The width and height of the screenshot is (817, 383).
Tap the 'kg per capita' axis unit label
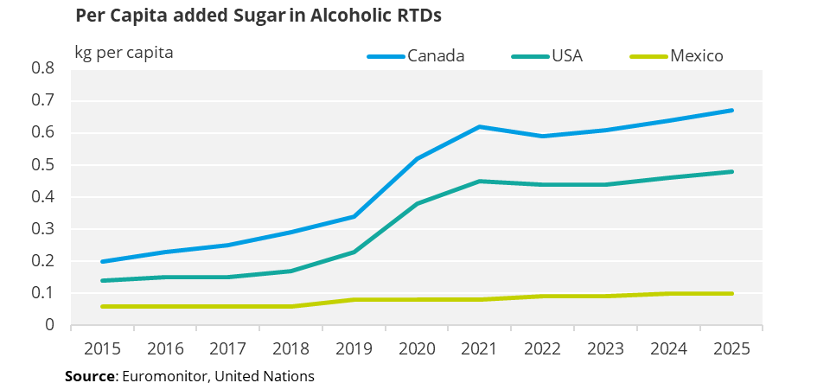coord(124,53)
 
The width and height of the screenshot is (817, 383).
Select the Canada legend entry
coord(436,56)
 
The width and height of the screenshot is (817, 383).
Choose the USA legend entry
coord(566,56)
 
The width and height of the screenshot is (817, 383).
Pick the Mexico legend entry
coord(696,56)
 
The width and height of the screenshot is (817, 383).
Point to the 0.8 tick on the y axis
coord(42,68)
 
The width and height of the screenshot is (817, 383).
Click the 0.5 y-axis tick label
coord(42,164)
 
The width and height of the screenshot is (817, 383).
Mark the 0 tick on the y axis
coord(49,325)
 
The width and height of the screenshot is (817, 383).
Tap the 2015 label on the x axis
coord(102,349)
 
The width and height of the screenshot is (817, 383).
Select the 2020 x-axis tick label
coord(418,349)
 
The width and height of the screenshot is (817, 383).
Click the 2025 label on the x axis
coord(732,349)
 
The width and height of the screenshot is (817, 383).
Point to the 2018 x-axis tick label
coord(291,349)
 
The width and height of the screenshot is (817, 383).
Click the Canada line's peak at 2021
coord(481,127)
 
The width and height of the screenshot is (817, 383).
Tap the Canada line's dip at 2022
coord(543,136)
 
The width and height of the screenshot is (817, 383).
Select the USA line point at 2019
coord(354,252)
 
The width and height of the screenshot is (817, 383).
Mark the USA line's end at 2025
coord(732,171)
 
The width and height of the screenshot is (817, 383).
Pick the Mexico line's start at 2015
coord(102,306)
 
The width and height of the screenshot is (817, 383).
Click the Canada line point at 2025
coord(732,110)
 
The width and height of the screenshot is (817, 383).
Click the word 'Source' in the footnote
coord(90,375)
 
